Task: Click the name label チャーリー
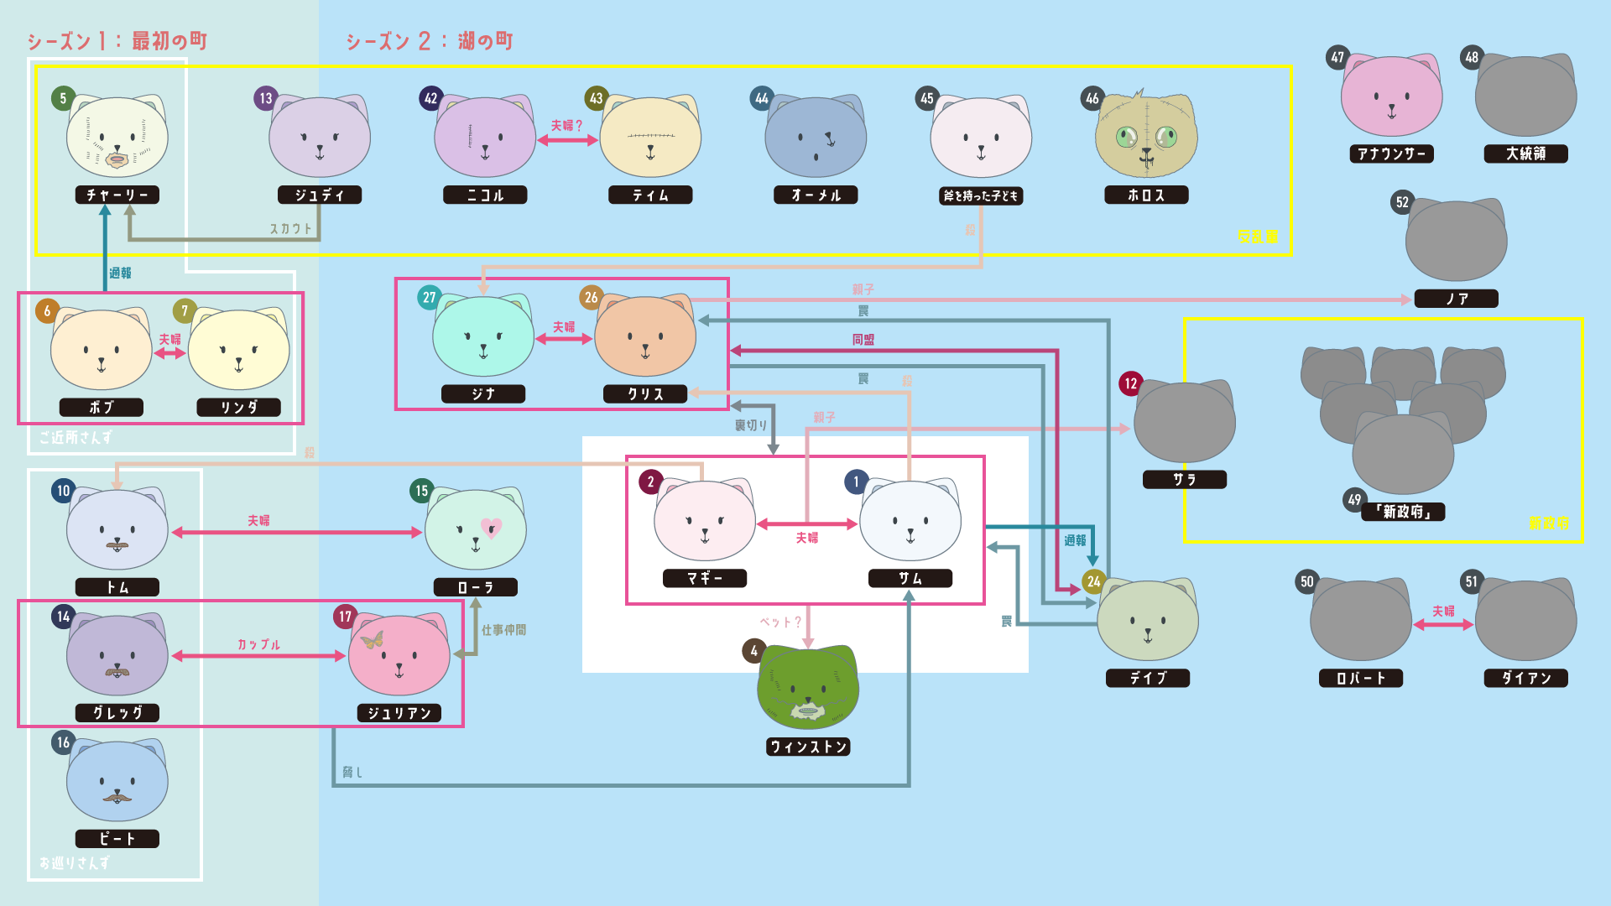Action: coord(117,195)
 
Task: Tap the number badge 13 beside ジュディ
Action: coord(265,98)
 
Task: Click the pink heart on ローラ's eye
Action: coord(492,528)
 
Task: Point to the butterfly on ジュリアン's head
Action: coord(372,640)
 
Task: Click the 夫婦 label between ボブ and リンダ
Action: coord(169,339)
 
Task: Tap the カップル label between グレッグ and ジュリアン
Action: coord(258,644)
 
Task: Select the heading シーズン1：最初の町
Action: coord(117,41)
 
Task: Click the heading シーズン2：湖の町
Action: coord(429,41)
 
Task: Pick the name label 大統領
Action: coord(1525,154)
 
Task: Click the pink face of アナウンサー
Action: coord(1391,97)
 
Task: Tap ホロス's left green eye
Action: coord(1126,136)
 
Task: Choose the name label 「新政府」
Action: coord(1403,512)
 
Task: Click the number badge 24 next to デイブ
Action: coord(1093,581)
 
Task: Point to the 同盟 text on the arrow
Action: coord(863,340)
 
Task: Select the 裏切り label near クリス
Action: coord(751,425)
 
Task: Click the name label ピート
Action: coord(117,839)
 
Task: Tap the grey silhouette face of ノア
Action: coord(1456,243)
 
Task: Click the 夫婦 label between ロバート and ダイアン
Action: coord(1443,611)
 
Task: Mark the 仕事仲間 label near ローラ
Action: coord(503,630)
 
